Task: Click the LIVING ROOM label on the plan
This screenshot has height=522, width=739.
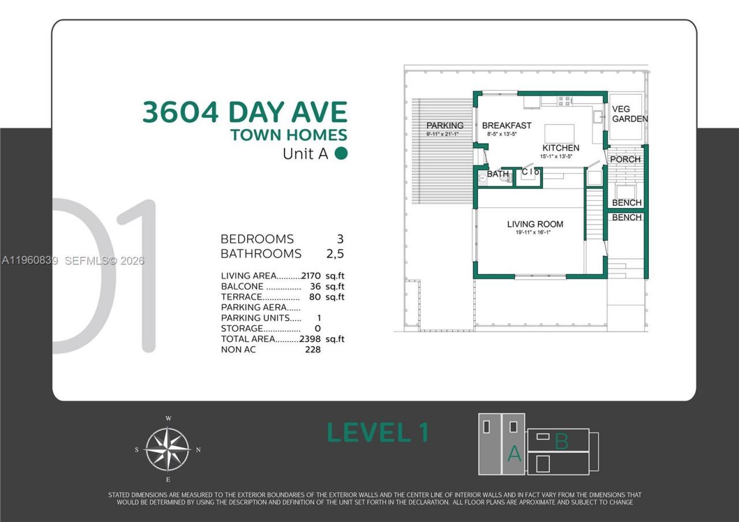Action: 535,224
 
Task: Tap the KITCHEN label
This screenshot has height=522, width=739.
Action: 561,148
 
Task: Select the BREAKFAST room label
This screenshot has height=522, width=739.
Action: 506,125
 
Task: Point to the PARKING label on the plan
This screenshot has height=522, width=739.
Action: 445,125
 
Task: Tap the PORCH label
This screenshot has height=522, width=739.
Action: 625,159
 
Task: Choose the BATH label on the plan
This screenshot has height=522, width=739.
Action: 498,174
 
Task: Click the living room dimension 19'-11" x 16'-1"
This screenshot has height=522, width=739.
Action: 535,233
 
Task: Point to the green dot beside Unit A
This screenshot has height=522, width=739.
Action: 341,154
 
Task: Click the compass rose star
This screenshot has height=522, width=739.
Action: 167,449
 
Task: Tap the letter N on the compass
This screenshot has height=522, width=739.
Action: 198,450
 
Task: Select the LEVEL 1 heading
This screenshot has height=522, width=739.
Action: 378,432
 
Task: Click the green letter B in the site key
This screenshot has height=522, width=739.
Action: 561,442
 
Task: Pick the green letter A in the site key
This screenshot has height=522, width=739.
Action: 514,454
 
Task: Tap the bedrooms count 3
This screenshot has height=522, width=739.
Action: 339,239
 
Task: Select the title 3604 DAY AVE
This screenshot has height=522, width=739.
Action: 245,112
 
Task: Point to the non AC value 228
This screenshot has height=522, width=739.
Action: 312,349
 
